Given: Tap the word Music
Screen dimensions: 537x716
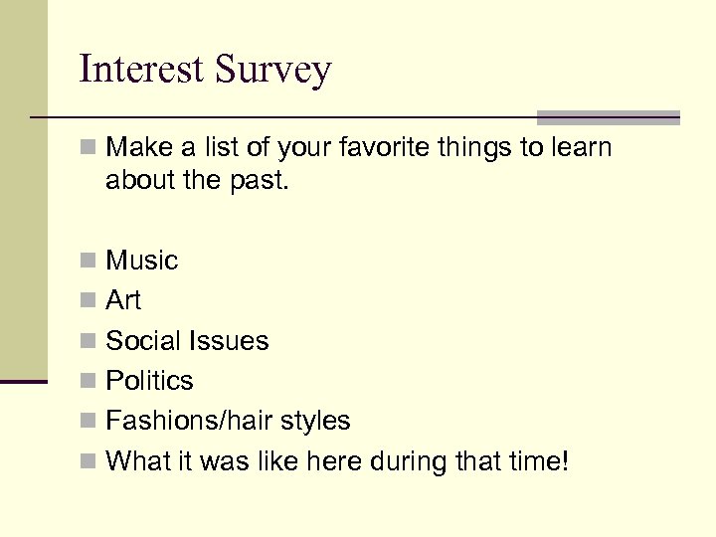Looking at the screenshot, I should tap(141, 261).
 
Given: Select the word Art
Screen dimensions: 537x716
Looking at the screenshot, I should tap(123, 300).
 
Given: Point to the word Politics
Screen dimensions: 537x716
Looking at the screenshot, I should tap(149, 381).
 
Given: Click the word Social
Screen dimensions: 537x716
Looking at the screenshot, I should tap(141, 341).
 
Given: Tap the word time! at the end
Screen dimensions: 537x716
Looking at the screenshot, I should tap(538, 461).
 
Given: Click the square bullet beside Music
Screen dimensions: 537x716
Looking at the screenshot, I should tap(89, 262).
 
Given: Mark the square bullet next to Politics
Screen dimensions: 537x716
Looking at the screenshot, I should tap(89, 382).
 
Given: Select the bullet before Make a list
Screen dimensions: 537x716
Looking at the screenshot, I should tap(89, 149).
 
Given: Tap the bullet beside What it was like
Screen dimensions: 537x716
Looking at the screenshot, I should tap(89, 462).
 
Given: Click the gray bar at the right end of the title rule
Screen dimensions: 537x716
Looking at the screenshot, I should tap(608, 117).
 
